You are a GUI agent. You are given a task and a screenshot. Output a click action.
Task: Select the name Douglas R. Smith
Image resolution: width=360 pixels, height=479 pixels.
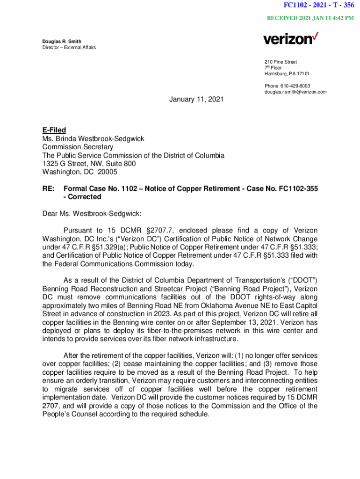(x=62, y=42)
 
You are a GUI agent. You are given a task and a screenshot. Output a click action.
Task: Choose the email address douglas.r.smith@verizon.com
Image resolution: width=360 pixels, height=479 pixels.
(x=295, y=92)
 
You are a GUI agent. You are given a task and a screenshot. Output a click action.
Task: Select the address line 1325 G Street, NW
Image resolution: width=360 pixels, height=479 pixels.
(x=82, y=164)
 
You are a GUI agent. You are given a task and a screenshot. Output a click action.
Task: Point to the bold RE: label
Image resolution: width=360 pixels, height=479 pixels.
(x=48, y=189)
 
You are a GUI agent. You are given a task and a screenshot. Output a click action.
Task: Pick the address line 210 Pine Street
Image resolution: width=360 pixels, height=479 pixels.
(x=281, y=62)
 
